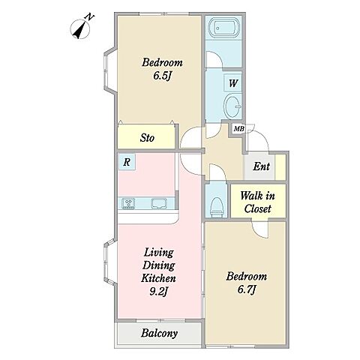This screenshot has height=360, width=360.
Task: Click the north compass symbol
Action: click(80, 28)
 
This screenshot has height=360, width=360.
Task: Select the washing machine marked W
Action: click(232, 83)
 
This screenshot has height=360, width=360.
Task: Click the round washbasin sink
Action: click(232, 106)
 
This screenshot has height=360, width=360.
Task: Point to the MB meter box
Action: click(238, 129)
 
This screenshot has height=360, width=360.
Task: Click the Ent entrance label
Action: click(261, 166)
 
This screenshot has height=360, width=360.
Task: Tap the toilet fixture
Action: click(217, 207)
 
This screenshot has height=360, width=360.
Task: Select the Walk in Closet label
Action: click(258, 202)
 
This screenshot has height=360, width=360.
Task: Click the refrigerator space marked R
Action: click(127, 162)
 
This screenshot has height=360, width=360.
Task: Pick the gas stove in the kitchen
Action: click(128, 203)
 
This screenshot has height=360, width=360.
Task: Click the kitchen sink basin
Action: click(159, 203)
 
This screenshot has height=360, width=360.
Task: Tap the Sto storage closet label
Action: click(147, 138)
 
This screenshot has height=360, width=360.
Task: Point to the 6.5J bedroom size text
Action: click(161, 76)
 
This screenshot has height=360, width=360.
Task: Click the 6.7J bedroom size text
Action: click(247, 289)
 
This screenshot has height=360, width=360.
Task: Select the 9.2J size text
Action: click(158, 291)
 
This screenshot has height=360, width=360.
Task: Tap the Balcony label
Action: click(159, 333)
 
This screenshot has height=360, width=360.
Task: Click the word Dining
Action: click(158, 265)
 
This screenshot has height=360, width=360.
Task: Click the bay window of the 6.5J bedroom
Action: click(110, 70)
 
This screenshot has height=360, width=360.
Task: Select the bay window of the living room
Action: click(110, 262)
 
